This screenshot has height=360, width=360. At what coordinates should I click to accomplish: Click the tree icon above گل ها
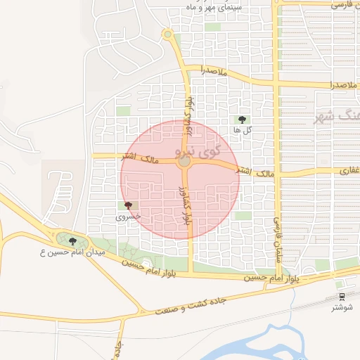coord(243,120)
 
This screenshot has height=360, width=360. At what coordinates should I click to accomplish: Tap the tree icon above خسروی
coord(127,205)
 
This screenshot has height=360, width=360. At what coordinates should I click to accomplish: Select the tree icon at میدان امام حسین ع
coord(73,241)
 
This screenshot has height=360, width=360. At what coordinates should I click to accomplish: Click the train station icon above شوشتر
coord(342,297)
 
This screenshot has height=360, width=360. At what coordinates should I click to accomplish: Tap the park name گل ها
coord(243,131)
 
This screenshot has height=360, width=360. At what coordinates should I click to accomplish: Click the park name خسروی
coord(128,217)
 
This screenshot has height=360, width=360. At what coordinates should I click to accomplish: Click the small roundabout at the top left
coord(167,34)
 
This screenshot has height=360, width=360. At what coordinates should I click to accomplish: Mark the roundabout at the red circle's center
coord(184,162)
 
